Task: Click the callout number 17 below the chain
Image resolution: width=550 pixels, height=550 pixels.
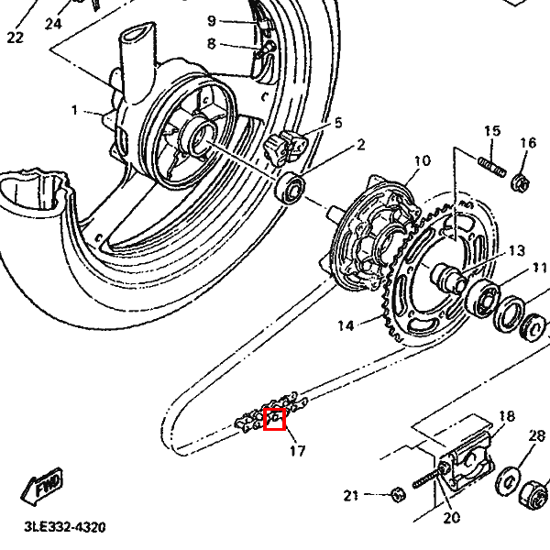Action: click(296, 450)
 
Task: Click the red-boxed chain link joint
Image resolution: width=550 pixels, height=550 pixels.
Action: click(275, 419)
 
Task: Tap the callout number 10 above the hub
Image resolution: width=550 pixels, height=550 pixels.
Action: click(420, 162)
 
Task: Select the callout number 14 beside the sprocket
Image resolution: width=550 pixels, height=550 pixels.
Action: click(345, 325)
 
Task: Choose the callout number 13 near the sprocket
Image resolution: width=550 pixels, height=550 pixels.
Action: click(516, 250)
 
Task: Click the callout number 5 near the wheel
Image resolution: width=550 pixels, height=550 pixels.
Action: click(337, 123)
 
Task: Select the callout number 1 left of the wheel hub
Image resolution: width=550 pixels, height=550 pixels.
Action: click(75, 111)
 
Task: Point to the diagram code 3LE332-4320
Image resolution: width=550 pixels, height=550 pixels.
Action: click(64, 528)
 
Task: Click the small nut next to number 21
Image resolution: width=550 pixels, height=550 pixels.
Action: click(398, 496)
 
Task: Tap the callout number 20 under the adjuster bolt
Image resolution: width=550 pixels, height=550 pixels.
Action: click(451, 518)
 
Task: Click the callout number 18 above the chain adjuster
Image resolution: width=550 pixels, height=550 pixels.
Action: click(506, 416)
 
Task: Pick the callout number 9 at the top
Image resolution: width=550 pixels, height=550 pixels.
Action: click(211, 20)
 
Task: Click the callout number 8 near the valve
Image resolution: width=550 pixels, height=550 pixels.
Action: click(211, 43)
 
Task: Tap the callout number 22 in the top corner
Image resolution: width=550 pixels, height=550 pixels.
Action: click(15, 38)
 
